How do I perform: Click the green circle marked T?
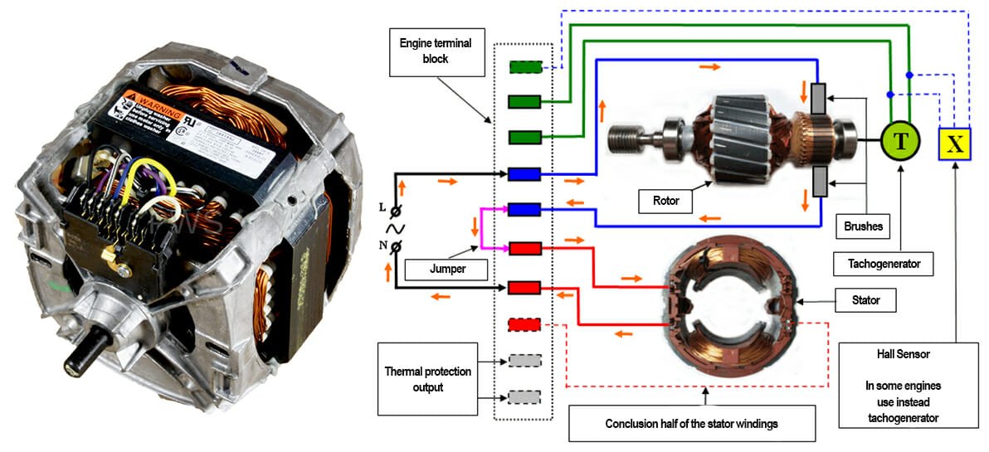(900, 143)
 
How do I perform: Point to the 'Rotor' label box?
(665, 200)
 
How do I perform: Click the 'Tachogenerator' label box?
(883, 265)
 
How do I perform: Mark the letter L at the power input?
(381, 205)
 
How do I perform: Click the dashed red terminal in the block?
(524, 323)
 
